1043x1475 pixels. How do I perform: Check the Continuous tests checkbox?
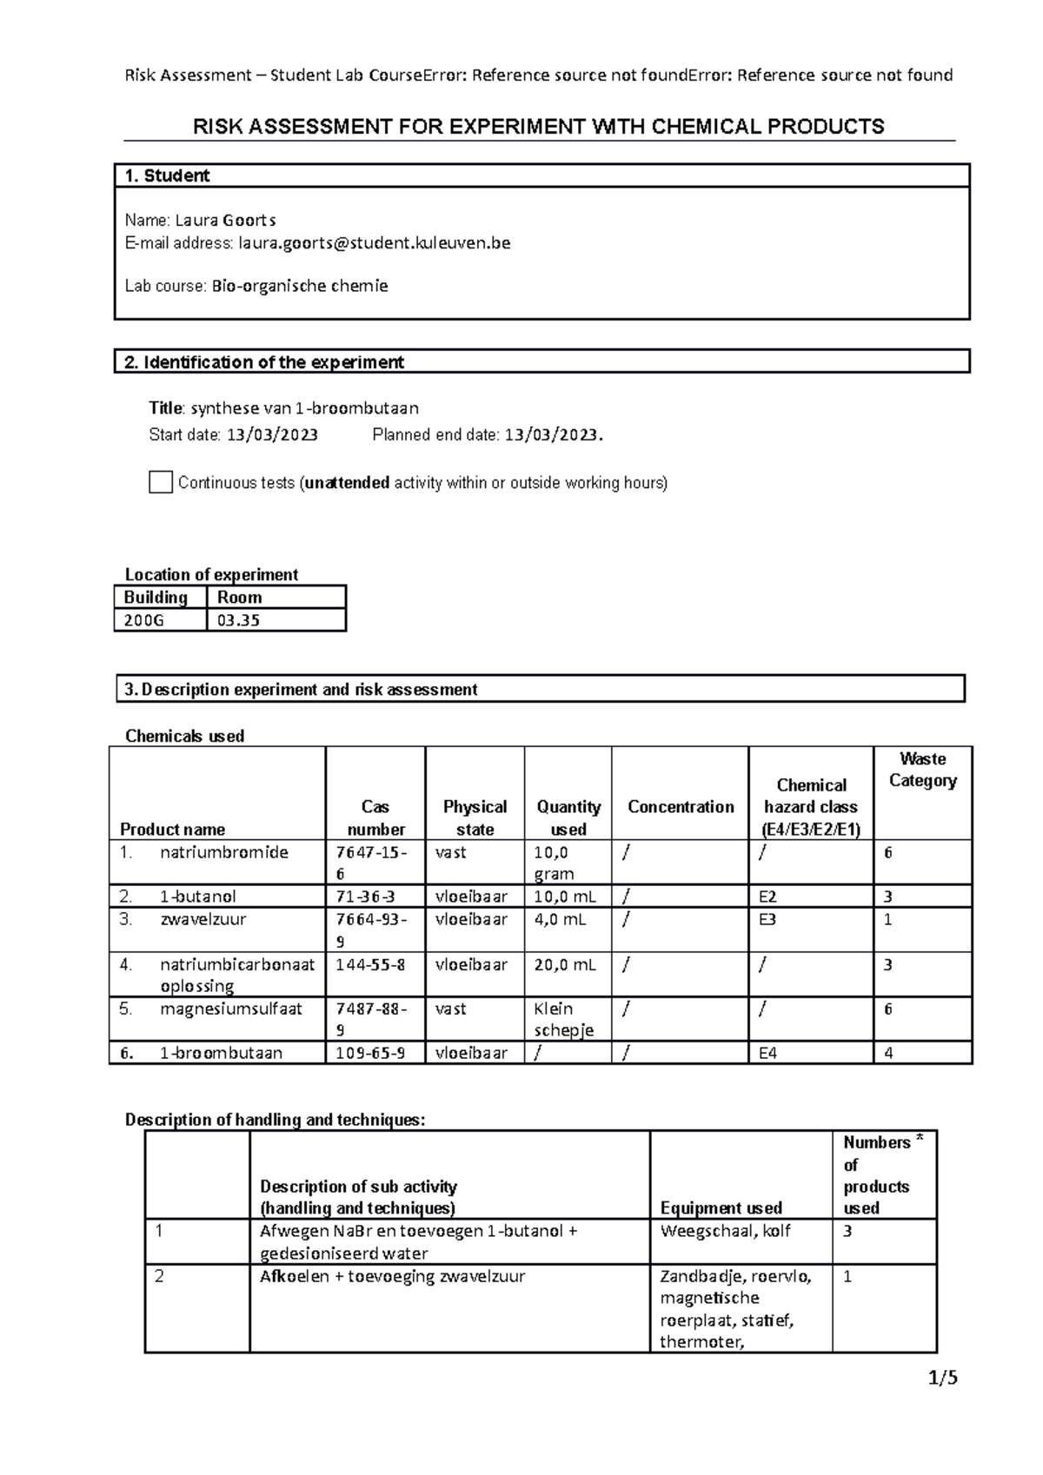click(x=161, y=483)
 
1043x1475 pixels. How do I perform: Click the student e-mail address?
click(x=375, y=243)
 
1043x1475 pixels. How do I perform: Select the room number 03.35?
click(x=239, y=620)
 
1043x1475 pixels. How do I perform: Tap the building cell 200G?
click(x=143, y=620)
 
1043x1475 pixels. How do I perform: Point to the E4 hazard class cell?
click(x=768, y=1054)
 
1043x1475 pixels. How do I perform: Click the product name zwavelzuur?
click(x=203, y=919)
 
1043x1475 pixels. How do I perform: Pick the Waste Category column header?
click(x=922, y=770)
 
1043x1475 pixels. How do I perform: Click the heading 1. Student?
click(x=167, y=175)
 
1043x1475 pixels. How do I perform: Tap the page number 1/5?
click(x=942, y=1378)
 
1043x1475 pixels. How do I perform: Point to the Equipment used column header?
click(x=721, y=1207)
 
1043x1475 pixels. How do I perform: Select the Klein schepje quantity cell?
click(x=564, y=1019)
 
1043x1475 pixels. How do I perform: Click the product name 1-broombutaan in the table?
click(x=221, y=1054)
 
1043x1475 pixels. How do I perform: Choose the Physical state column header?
click(x=475, y=817)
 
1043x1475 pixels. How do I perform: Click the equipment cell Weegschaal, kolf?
click(x=725, y=1231)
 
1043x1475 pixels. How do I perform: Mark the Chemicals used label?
click(x=184, y=736)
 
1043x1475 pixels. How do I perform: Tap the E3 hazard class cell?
click(x=767, y=919)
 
